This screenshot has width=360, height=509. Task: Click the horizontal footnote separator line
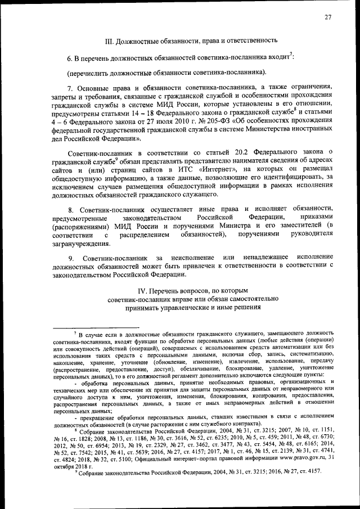pos(95,327)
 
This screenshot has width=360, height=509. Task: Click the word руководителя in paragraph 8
pos(313,235)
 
